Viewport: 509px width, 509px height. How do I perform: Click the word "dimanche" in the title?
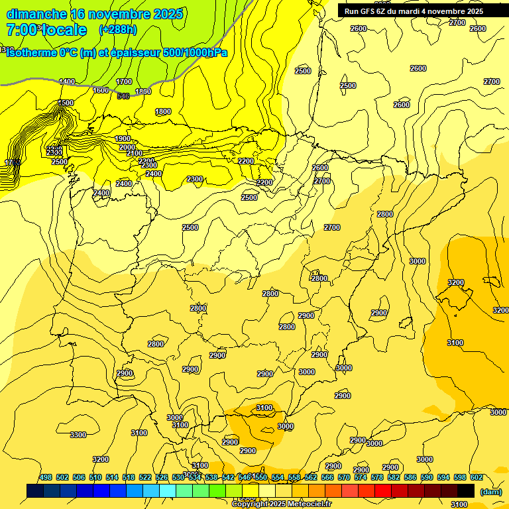click(36, 14)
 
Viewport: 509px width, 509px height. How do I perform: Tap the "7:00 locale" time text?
click(46, 30)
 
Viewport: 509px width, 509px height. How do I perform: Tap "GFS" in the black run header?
click(368, 11)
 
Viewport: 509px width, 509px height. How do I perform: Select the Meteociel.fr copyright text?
click(282, 504)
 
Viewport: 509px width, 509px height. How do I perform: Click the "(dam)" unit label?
click(490, 491)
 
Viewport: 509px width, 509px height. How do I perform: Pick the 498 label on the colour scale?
click(46, 478)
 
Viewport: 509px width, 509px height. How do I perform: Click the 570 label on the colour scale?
click(344, 478)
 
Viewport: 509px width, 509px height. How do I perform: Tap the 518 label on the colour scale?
click(129, 478)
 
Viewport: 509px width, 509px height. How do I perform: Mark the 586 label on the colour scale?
click(410, 478)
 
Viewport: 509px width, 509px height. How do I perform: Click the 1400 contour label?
click(67, 82)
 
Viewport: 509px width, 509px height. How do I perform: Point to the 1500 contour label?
click(66, 103)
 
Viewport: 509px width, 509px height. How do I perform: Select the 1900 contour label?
click(123, 139)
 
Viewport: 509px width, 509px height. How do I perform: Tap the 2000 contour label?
click(127, 148)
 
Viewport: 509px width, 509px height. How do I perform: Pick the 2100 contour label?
click(135, 153)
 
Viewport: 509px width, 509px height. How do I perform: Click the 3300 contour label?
click(78, 435)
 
